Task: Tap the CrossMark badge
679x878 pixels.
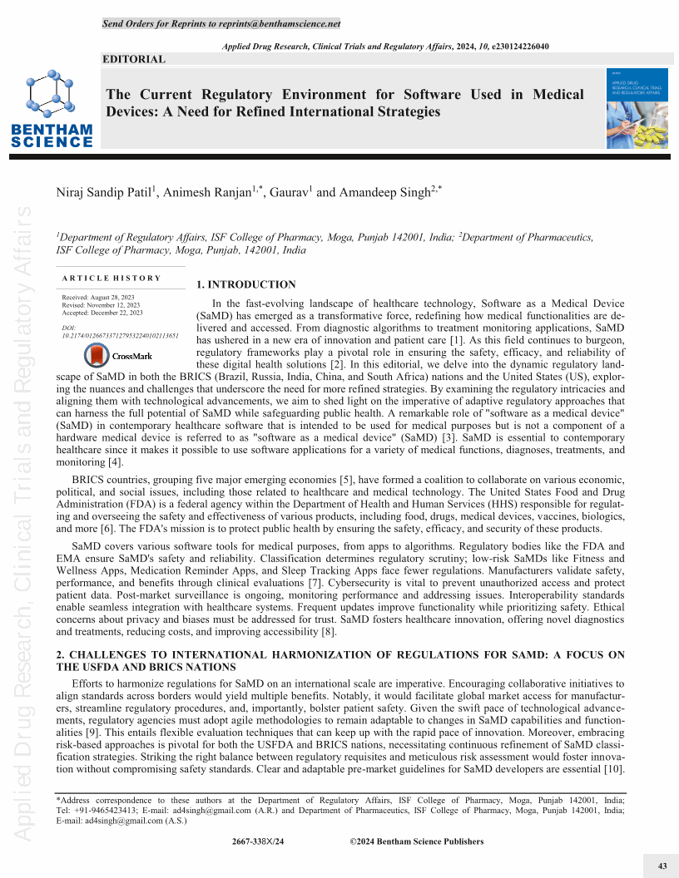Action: (118, 356)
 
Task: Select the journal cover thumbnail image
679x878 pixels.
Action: (637, 108)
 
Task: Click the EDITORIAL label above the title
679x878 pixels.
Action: (134, 59)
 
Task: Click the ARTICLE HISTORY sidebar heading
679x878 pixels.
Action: (112, 278)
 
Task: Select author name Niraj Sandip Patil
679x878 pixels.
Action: (103, 192)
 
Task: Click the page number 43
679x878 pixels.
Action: (662, 866)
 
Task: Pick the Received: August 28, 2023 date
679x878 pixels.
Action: (98, 297)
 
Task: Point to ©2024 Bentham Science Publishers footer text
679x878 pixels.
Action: (416, 841)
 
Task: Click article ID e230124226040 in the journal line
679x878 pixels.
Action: (511, 46)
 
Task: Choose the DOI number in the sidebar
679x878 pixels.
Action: (120, 336)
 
